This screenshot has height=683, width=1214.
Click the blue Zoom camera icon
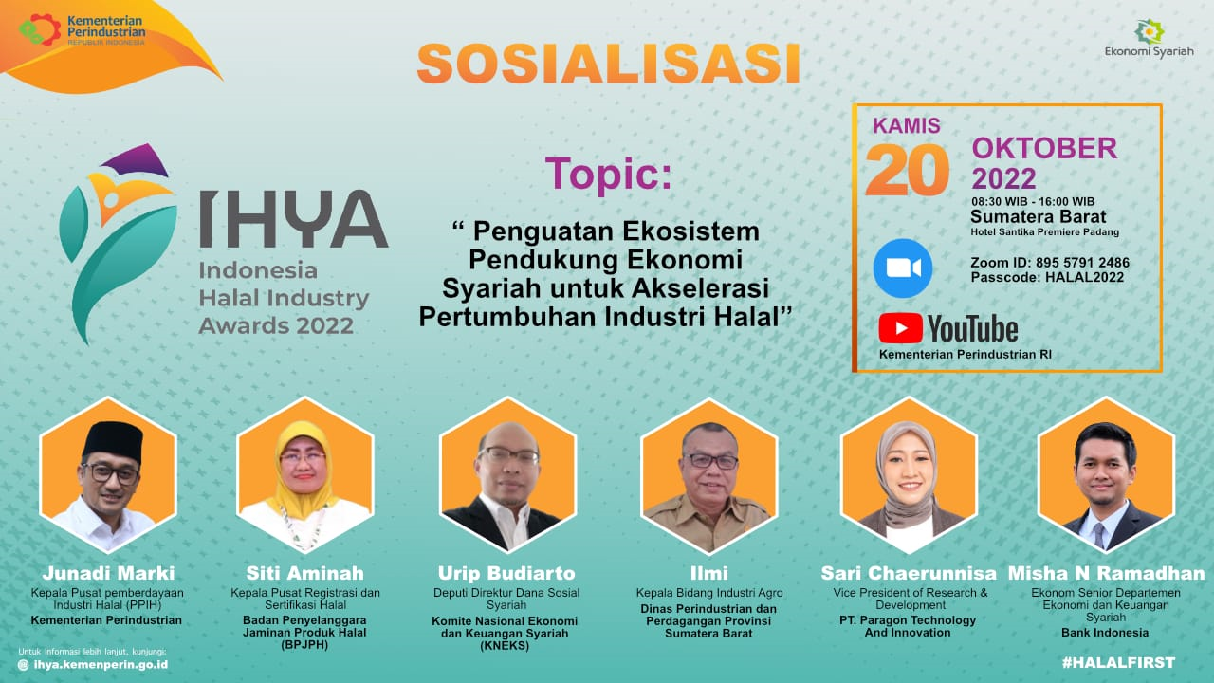coord(903,268)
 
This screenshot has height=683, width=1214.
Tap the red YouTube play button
coord(900,328)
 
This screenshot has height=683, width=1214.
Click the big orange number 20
coord(908,170)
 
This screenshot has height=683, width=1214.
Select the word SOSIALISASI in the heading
coord(609,64)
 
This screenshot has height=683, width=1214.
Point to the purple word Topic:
coord(608,174)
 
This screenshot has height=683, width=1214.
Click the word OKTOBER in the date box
coord(1044,148)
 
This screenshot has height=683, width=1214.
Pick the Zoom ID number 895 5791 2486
coord(1082,263)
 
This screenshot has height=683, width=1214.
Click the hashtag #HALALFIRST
coord(1118,662)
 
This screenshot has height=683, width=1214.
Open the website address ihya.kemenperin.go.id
coord(101,665)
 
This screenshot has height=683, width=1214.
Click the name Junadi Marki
coord(108,573)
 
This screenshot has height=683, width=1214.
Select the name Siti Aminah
coord(305,573)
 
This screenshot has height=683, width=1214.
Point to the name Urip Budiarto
coord(506,573)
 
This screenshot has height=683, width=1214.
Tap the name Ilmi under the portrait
coord(708,573)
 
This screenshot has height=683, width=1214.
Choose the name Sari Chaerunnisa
coord(909,573)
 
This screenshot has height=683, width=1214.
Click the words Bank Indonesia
coord(1105,633)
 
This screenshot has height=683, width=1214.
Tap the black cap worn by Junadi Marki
coord(113,441)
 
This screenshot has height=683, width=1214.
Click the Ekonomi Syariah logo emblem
coord(1150,31)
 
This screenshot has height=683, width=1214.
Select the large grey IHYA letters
coord(293,218)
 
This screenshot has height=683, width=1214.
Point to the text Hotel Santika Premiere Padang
coord(1045,232)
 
